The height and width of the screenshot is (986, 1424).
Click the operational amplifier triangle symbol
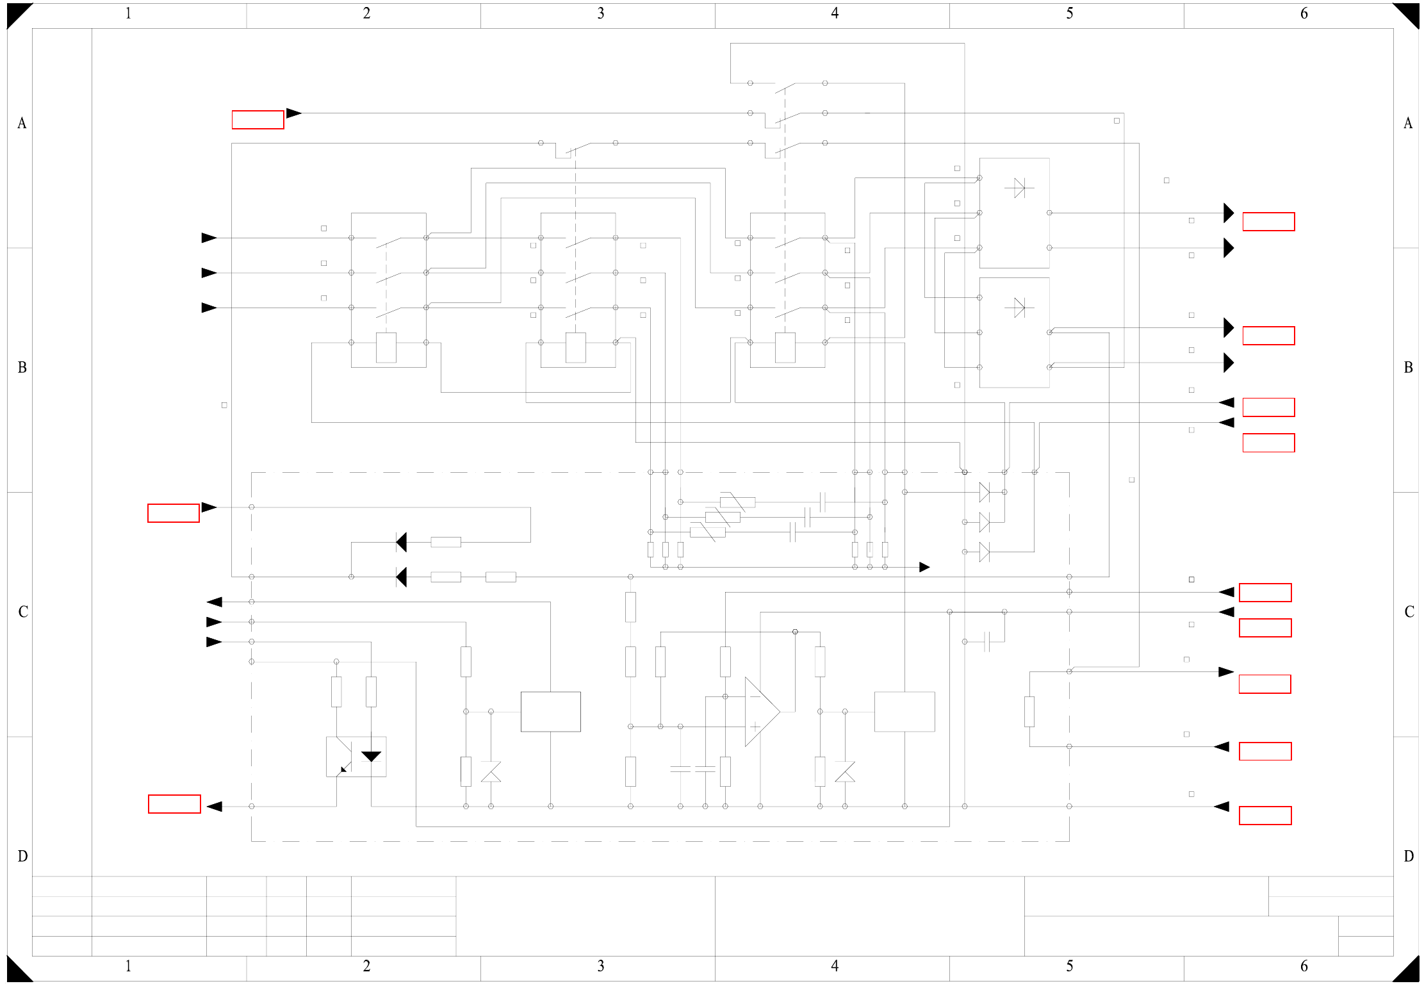(x=761, y=712)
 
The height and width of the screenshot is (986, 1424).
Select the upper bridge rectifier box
(x=1014, y=213)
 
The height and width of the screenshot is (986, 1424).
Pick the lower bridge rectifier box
(x=1014, y=333)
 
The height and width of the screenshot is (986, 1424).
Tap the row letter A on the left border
(x=22, y=123)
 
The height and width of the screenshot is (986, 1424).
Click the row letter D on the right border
(x=1408, y=856)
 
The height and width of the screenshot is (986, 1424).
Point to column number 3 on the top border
(x=600, y=13)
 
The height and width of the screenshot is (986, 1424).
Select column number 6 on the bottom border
(x=1304, y=965)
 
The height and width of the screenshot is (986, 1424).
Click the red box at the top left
(x=258, y=120)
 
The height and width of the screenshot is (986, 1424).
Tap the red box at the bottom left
(x=174, y=804)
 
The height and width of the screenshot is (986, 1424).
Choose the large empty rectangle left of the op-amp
(x=550, y=712)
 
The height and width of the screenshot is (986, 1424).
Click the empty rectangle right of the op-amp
(x=904, y=712)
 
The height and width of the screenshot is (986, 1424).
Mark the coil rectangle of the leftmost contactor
(x=386, y=348)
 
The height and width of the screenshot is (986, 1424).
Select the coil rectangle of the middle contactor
(x=575, y=348)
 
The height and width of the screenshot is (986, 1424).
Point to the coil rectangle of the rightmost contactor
(x=785, y=348)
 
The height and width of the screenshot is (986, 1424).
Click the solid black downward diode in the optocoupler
(x=371, y=757)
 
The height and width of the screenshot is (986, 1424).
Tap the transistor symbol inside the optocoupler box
(x=342, y=757)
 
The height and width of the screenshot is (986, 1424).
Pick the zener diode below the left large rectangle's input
(x=491, y=772)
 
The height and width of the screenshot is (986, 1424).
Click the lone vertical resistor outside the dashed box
(x=1029, y=712)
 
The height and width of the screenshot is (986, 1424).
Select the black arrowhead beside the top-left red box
(x=293, y=113)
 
